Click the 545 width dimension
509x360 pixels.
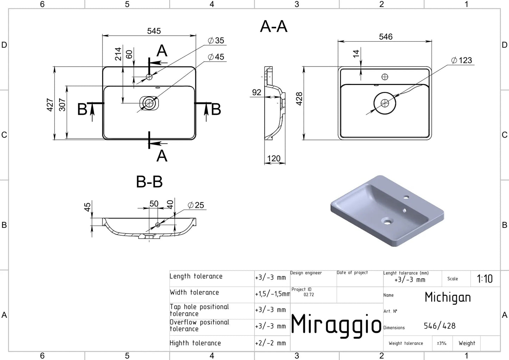tap(154, 31)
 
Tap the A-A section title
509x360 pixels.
tap(274, 26)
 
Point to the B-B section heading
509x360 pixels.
tap(149, 182)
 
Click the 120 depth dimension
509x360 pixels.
tap(274, 159)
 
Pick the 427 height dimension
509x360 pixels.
tap(50, 105)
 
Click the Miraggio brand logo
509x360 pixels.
tap(336, 324)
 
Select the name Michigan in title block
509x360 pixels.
tap(447, 297)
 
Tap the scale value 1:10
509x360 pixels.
tap(485, 279)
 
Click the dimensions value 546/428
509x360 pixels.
tap(440, 326)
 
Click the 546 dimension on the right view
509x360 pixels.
tap(386, 37)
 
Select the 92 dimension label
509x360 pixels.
tap(256, 92)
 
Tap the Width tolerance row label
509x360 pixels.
tap(194, 292)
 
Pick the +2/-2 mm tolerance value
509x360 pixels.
tap(271, 343)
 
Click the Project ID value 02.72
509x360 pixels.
tap(309, 295)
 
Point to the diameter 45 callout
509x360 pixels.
tap(216, 57)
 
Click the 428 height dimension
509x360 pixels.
tap(299, 99)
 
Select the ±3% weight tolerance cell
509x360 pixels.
tap(441, 343)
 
